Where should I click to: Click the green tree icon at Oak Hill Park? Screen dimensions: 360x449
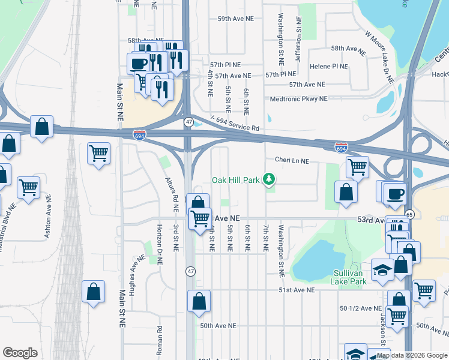pos(270,179)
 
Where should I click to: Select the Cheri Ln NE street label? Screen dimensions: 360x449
pos(291,161)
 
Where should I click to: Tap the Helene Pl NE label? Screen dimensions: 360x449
pos(328,67)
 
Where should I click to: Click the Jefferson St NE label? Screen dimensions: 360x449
pos(298,32)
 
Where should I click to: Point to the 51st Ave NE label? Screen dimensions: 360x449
pos(296,290)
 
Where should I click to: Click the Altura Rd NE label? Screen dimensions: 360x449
pos(176,196)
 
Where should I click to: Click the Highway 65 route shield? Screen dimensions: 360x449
pos(409,214)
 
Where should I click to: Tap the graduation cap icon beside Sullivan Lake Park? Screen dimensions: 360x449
pos(382,269)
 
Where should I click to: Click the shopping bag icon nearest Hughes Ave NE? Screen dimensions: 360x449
pos(94,292)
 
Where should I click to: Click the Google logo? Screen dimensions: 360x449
pos(20,353)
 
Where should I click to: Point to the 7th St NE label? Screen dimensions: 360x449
pos(265,239)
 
